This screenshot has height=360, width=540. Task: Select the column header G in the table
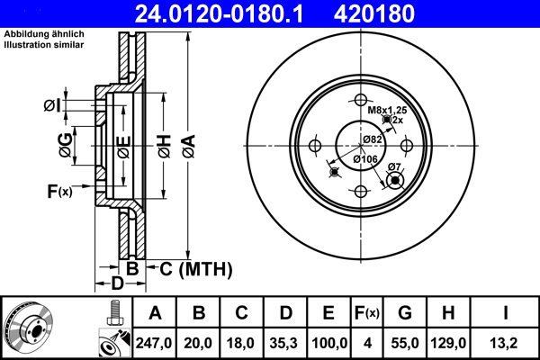(x=405, y=313)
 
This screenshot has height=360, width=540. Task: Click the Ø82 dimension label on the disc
(x=373, y=139)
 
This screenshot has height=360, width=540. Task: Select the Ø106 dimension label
(x=364, y=159)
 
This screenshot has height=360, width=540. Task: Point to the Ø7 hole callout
(x=393, y=166)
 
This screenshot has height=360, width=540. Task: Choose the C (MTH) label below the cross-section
(x=195, y=268)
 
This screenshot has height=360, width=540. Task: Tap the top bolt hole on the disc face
(x=360, y=99)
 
